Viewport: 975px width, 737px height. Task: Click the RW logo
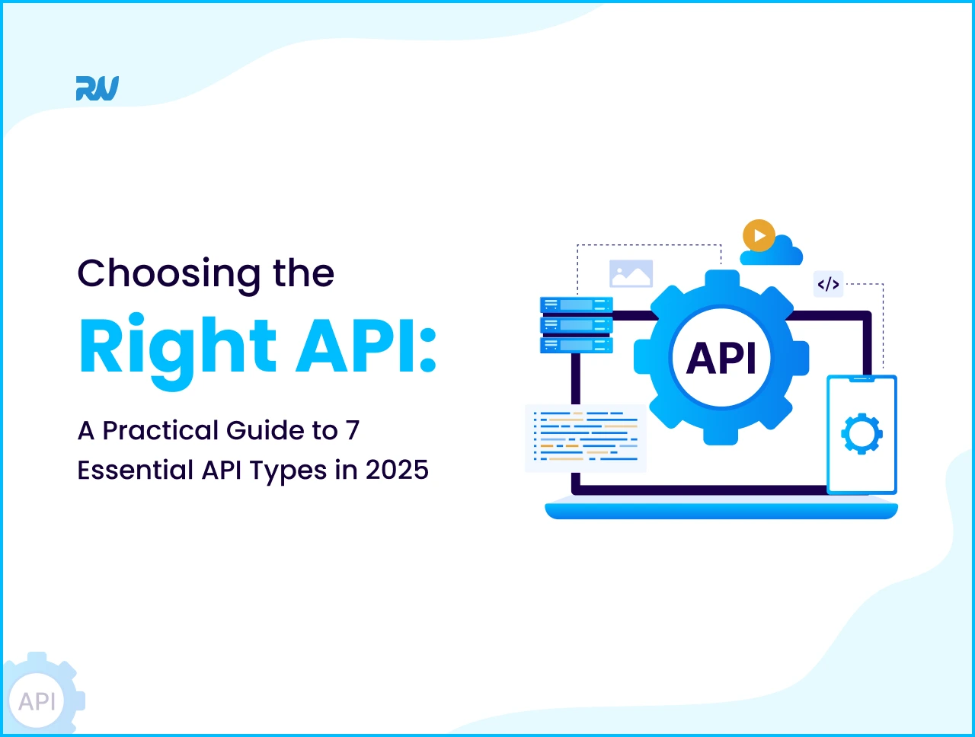pyautogui.click(x=97, y=88)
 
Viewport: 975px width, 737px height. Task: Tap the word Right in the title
pyautogui.click(x=177, y=347)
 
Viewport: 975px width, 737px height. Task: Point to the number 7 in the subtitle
pyautogui.click(x=352, y=431)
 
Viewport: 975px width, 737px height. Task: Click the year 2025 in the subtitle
pyautogui.click(x=397, y=470)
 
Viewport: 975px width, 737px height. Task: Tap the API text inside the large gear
pyautogui.click(x=721, y=358)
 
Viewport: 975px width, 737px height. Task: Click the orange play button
pyautogui.click(x=759, y=236)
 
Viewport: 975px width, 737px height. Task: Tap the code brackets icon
pyautogui.click(x=828, y=285)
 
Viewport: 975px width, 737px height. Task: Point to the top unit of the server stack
pyautogui.click(x=577, y=305)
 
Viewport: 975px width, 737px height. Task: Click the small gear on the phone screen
pyautogui.click(x=862, y=433)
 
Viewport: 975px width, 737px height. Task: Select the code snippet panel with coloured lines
pyautogui.click(x=586, y=438)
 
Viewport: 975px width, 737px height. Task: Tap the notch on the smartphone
pyautogui.click(x=862, y=378)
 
